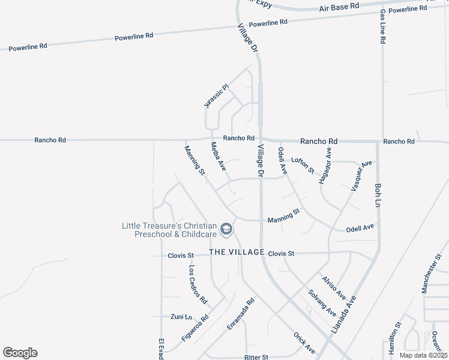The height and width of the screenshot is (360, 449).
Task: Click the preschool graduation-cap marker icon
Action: click(226, 229)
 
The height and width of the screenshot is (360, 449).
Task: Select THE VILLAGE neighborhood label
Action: click(237, 253)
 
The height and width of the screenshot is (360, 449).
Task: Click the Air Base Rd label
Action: click(339, 6)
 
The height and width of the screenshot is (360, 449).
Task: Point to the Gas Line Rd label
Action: click(382, 26)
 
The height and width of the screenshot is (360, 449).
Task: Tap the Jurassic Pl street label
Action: click(217, 96)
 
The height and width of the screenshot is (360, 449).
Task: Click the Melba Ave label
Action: click(217, 156)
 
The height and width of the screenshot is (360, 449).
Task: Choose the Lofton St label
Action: click(303, 165)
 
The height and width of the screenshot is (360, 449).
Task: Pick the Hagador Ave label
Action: click(325, 166)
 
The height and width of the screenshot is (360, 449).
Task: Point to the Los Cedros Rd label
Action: click(197, 284)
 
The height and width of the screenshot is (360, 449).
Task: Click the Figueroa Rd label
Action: click(195, 328)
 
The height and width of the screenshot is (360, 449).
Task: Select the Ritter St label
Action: click(256, 356)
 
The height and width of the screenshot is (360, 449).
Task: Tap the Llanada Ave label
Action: click(344, 314)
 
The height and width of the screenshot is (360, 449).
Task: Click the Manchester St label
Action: click(431, 277)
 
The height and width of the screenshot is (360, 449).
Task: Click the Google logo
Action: click(20, 352)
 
